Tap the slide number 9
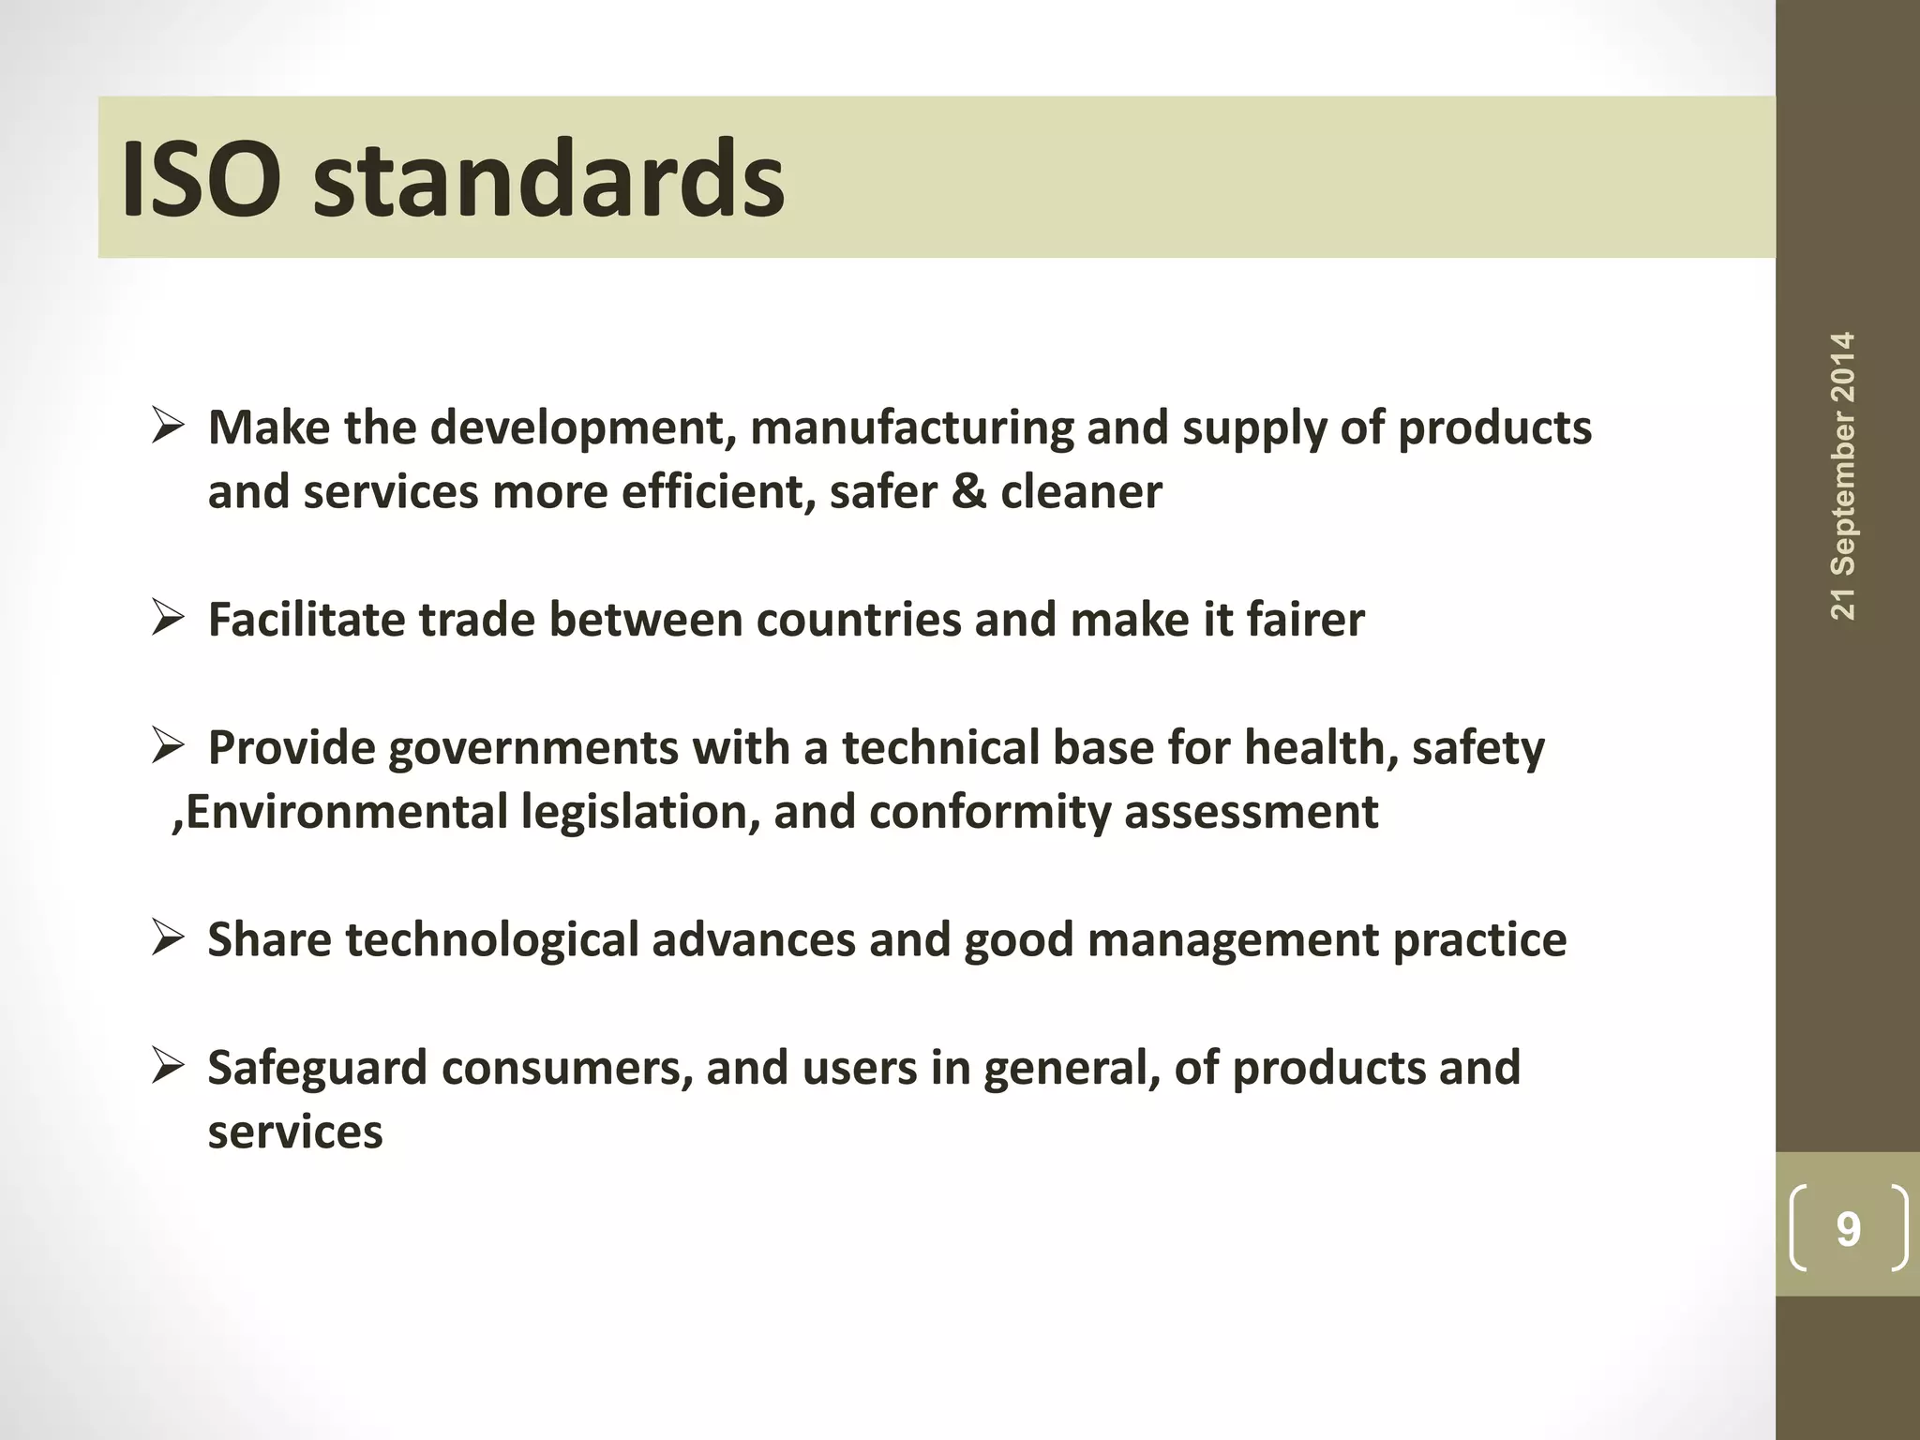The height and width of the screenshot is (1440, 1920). [1848, 1229]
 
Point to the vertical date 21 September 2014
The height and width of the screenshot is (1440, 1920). [1842, 475]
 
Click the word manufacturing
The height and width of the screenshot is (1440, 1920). [911, 429]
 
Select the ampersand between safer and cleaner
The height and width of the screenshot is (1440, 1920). [968, 492]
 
